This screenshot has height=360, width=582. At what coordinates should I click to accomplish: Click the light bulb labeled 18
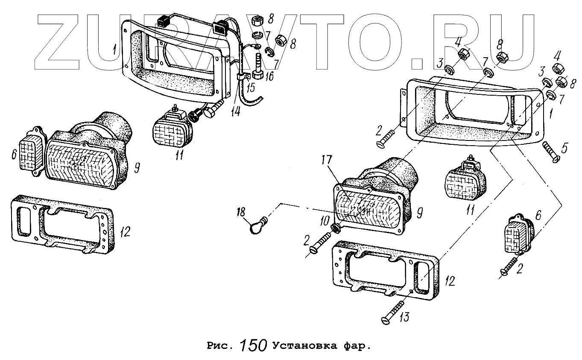pyautogui.click(x=257, y=225)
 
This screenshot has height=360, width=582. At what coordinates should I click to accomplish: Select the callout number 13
pyautogui.click(x=404, y=317)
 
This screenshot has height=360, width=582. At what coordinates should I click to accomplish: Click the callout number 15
pyautogui.click(x=250, y=88)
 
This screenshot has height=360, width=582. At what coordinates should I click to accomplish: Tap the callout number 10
pyautogui.click(x=325, y=220)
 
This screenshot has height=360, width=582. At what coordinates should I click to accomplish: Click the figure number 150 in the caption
pyautogui.click(x=254, y=345)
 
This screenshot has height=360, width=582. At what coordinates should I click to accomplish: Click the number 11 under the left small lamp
pyautogui.click(x=179, y=154)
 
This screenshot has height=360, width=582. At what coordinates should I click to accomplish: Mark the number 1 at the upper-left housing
pyautogui.click(x=114, y=50)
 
